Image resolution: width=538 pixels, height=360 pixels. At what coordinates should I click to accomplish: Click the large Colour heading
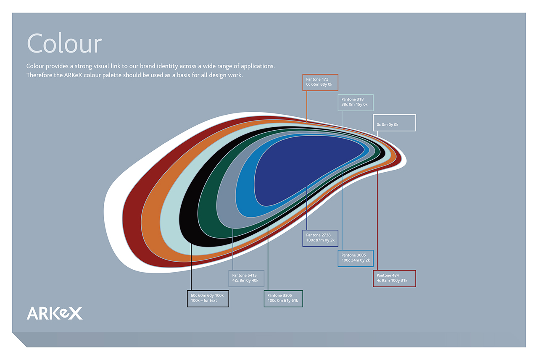tap(64, 43)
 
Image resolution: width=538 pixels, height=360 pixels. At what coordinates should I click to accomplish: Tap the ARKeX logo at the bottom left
tap(55, 313)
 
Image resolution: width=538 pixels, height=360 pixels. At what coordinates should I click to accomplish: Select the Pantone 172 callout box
tap(320, 82)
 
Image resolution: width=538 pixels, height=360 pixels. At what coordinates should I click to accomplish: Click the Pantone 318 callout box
tap(356, 102)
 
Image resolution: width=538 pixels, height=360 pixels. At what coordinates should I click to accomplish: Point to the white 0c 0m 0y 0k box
tap(394, 123)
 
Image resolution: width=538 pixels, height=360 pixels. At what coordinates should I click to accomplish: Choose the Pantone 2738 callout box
tap(320, 238)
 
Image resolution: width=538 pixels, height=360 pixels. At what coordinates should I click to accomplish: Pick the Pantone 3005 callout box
tap(356, 258)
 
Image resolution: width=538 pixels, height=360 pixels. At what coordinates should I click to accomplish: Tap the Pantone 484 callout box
tap(394, 279)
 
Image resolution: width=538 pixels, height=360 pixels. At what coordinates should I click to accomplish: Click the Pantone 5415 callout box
tap(246, 279)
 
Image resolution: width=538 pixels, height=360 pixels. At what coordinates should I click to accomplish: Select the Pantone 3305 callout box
tap(283, 299)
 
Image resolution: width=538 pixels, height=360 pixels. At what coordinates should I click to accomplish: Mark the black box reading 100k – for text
tap(208, 299)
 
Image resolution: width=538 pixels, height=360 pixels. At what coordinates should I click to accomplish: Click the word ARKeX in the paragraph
tap(73, 75)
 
